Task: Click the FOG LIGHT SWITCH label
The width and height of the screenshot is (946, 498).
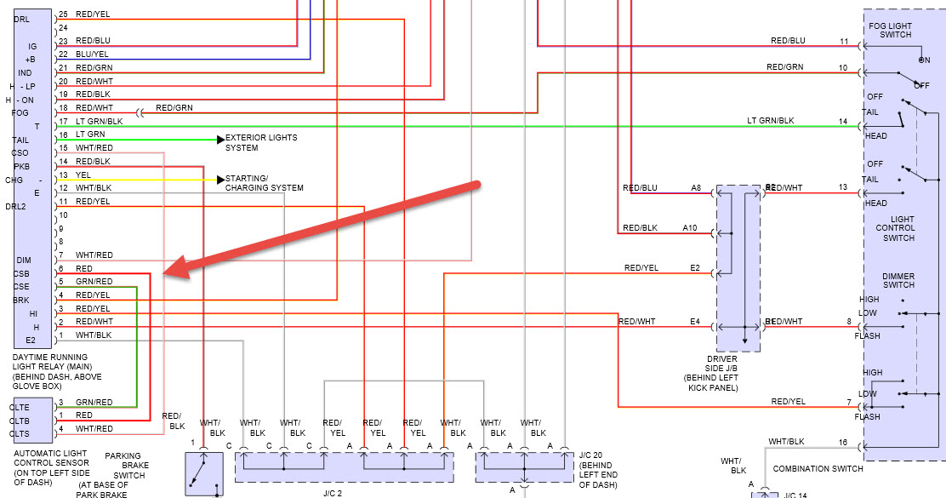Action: (x=890, y=30)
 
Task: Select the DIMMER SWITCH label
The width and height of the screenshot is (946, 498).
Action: (x=898, y=280)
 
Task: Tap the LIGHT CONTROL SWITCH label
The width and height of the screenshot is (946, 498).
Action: (x=897, y=228)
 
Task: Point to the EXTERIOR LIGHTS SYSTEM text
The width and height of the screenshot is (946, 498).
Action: (x=261, y=142)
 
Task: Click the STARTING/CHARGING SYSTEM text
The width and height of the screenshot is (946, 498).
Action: (x=264, y=183)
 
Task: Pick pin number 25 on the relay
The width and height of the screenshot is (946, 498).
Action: (x=63, y=14)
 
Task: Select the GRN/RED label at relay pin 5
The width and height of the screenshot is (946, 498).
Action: (x=94, y=282)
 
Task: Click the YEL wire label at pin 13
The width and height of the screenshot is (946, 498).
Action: (x=83, y=175)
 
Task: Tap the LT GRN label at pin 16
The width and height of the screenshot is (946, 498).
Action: (x=90, y=135)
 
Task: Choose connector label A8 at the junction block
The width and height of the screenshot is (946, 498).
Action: (x=696, y=187)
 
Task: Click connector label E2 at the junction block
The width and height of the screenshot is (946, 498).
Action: (x=695, y=268)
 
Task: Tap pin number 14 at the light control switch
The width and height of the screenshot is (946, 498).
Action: (x=843, y=122)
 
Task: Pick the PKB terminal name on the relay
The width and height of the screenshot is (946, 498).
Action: (x=20, y=166)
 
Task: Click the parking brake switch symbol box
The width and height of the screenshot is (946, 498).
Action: (x=204, y=472)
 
